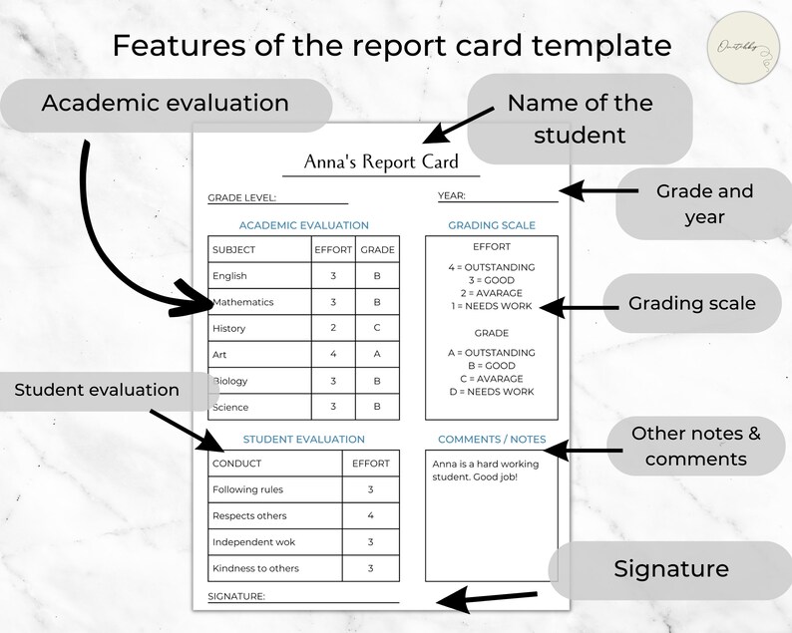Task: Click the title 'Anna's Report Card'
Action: [381, 162]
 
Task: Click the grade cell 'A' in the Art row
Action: [377, 354]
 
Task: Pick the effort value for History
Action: [333, 328]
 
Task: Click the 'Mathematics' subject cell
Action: [243, 302]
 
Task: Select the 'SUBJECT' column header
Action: [234, 250]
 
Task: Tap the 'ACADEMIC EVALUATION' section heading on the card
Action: [303, 225]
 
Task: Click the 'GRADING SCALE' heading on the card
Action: [491, 225]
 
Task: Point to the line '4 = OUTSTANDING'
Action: [491, 267]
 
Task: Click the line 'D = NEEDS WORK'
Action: [491, 392]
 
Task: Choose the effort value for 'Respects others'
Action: [370, 516]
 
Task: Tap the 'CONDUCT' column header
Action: [237, 464]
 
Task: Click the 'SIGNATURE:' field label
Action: [236, 596]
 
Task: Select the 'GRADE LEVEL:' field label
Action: [242, 197]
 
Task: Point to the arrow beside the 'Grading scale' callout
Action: [573, 307]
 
